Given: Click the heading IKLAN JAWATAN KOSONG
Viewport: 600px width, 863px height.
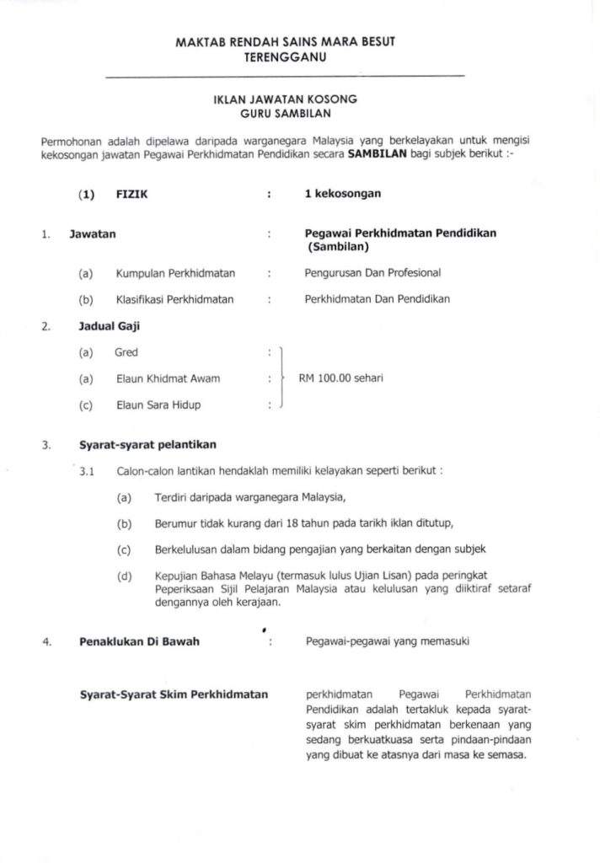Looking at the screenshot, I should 285,99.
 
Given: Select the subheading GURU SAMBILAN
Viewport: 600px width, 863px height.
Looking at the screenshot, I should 285,112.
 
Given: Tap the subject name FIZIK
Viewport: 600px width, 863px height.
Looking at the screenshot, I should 128,194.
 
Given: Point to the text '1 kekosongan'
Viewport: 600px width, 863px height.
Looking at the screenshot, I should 342,194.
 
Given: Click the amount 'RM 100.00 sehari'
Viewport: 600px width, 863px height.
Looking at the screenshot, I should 340,378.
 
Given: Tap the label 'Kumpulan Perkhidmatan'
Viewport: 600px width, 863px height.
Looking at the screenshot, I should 175,273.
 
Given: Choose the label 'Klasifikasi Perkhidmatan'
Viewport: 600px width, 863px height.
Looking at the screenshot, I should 174,299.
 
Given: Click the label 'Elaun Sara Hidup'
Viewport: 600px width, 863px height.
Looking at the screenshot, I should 158,405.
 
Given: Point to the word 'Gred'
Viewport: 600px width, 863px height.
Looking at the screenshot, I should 126,352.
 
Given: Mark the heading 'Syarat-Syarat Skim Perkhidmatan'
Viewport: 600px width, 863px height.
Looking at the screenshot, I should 174,694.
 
